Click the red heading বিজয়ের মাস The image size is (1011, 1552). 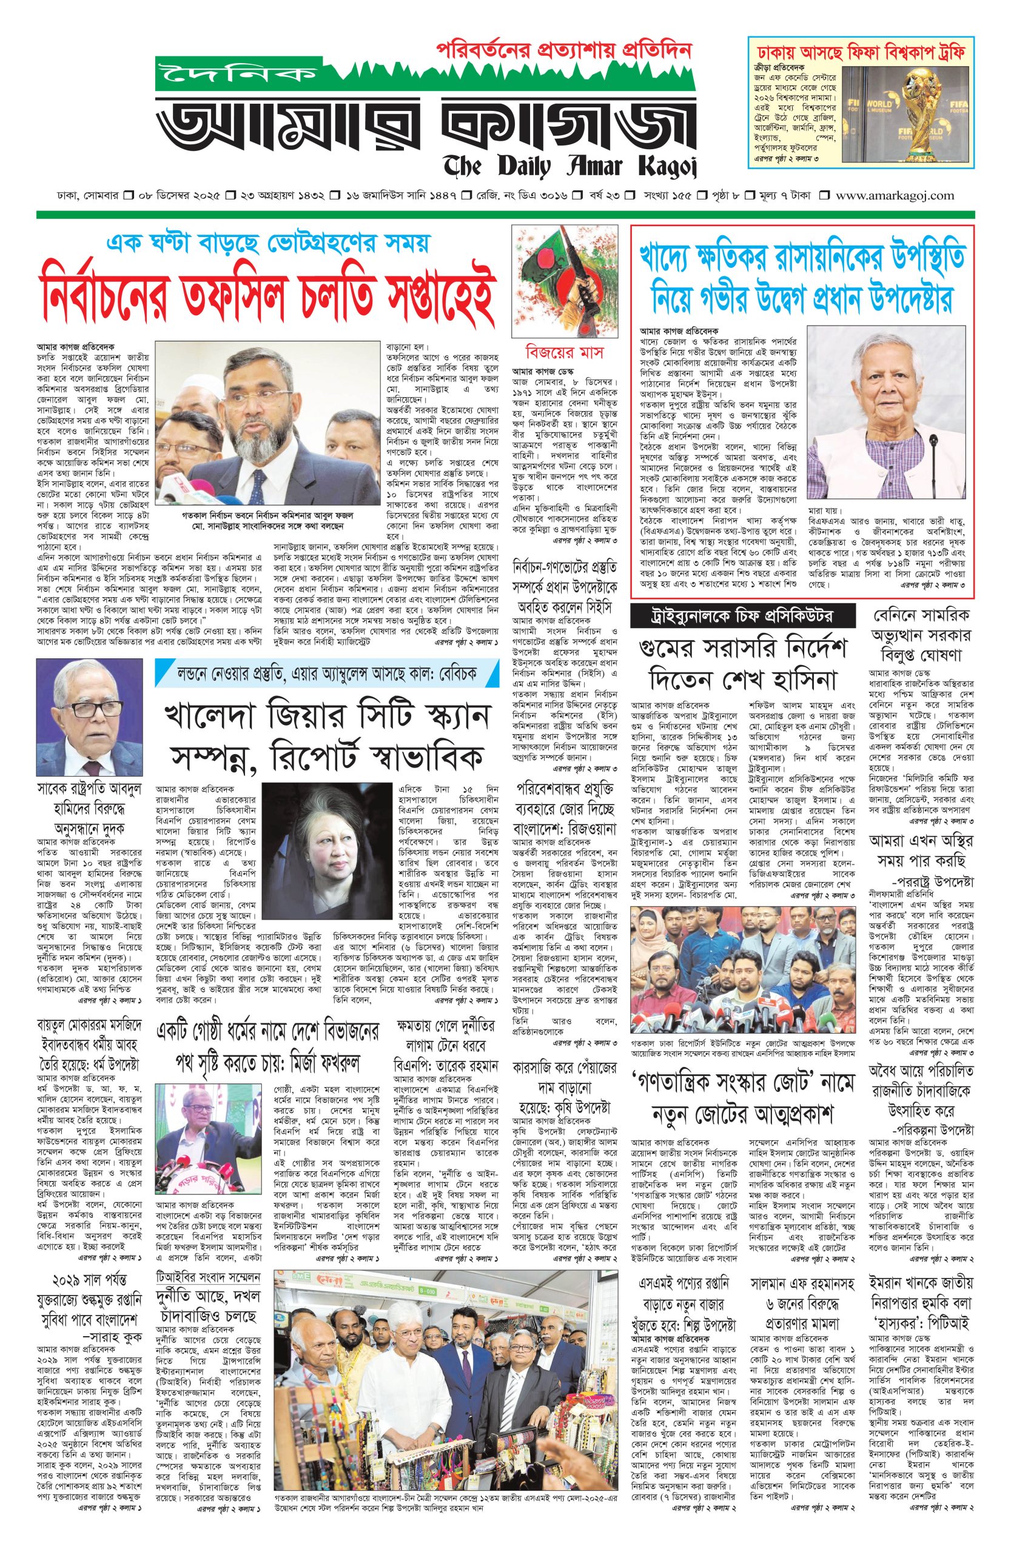point(565,352)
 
